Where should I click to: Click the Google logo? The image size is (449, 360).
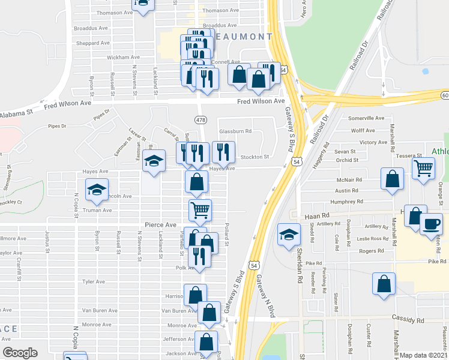point(20,353)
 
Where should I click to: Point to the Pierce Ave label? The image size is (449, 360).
point(160,224)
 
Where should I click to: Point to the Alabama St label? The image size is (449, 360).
point(16,114)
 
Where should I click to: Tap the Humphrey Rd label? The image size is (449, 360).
point(360,202)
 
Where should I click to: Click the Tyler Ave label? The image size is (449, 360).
point(94,281)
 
